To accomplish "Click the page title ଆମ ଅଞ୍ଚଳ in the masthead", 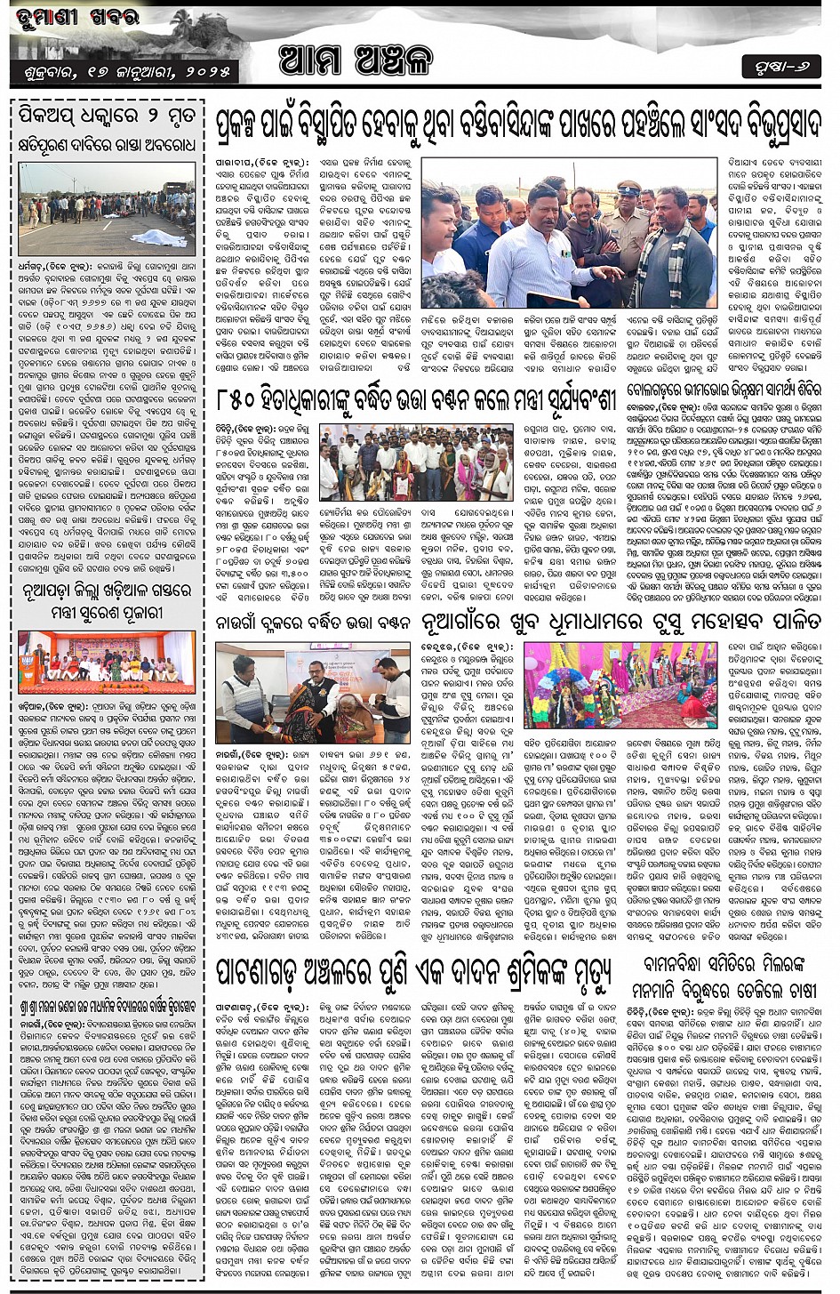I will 356,60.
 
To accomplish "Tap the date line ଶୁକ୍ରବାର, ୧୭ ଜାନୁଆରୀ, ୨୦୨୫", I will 124,70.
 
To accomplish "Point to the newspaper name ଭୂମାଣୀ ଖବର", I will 71,17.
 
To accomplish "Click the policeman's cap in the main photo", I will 628,187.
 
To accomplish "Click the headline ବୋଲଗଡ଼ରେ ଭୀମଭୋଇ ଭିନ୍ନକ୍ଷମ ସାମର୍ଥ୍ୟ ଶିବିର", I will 724,390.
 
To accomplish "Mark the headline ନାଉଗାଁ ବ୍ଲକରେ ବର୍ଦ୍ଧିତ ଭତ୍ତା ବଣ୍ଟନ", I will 315,621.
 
